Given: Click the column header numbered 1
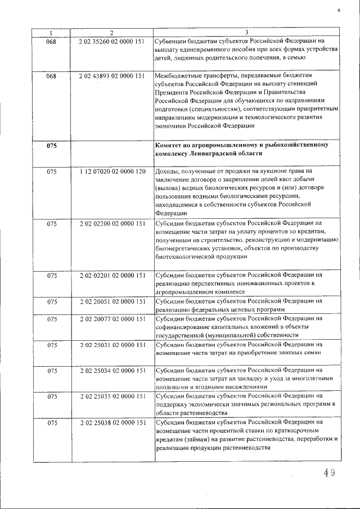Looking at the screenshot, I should [x=51, y=33].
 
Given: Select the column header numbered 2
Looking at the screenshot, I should [x=112, y=33].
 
